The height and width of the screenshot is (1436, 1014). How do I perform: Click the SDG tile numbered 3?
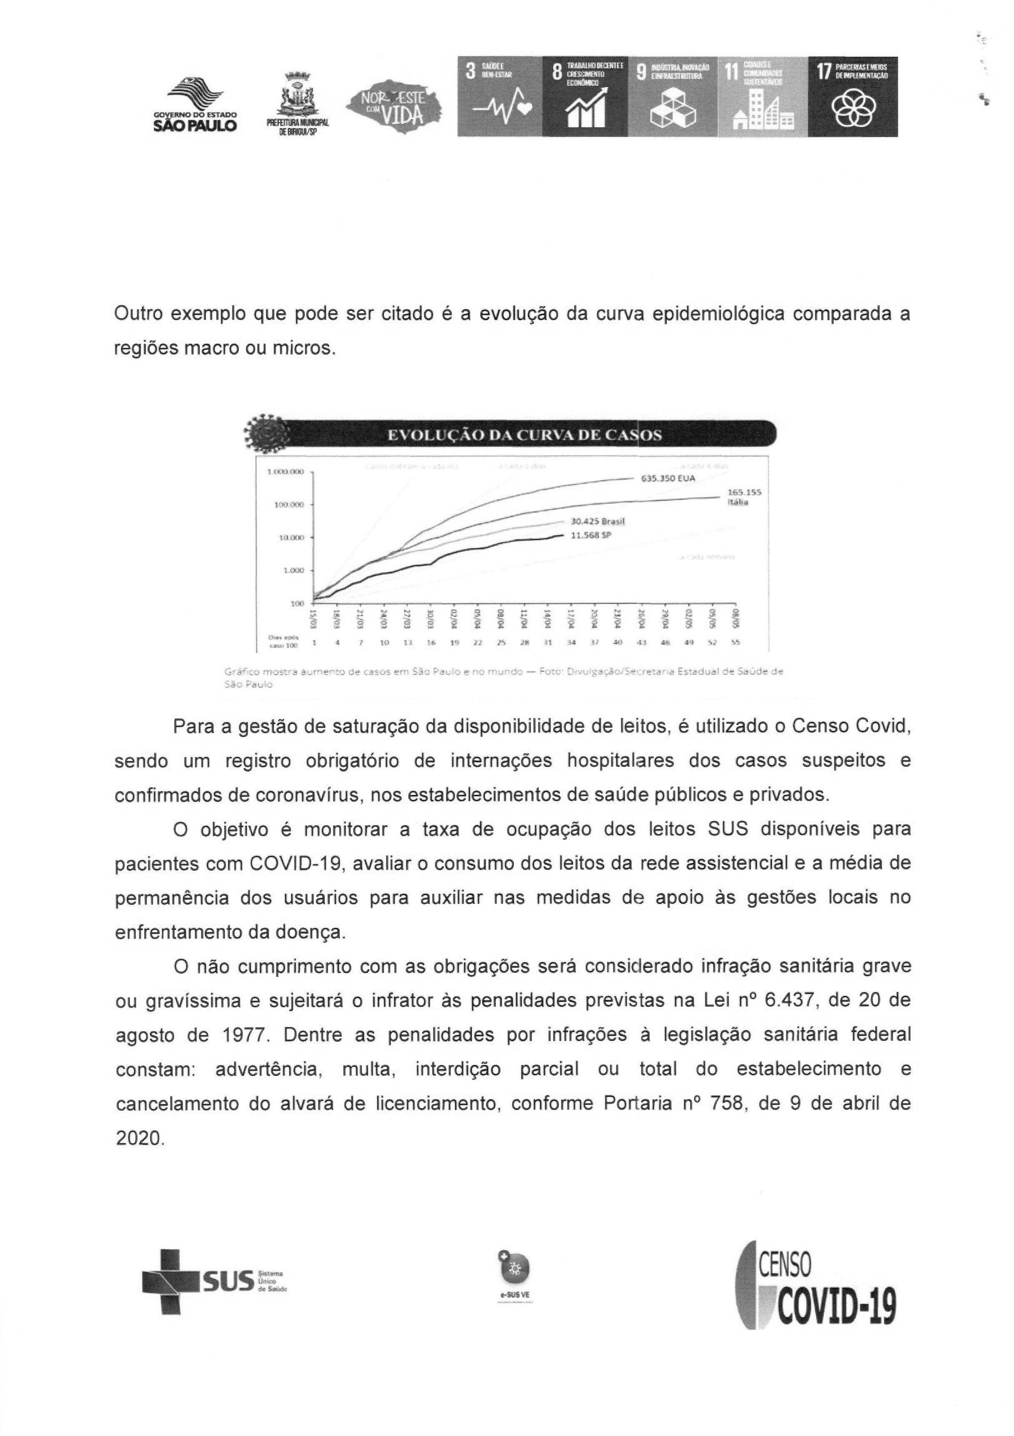(499, 96)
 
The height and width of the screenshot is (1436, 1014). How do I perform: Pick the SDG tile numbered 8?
(584, 96)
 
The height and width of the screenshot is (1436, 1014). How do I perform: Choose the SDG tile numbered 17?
(852, 96)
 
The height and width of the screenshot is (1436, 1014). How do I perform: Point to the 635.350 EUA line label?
(668, 479)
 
